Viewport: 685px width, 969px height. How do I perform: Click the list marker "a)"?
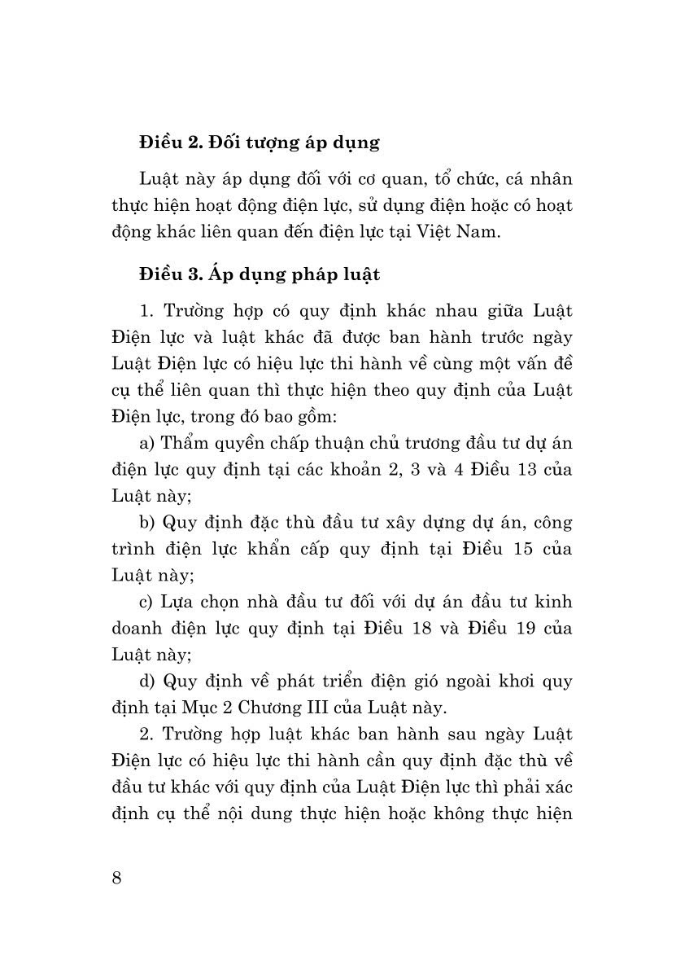click(x=147, y=443)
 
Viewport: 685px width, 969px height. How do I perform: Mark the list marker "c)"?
click(x=147, y=601)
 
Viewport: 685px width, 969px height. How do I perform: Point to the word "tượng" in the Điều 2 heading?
click(x=273, y=143)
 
